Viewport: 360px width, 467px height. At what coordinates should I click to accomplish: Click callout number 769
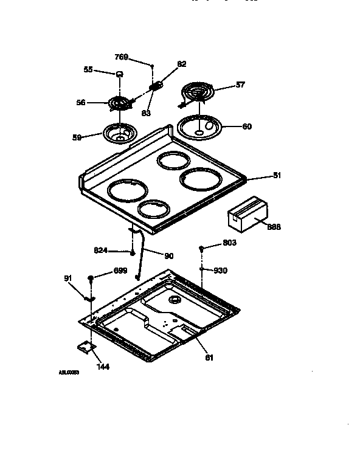tap(121, 57)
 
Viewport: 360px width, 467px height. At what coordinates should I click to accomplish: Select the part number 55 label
tap(88, 71)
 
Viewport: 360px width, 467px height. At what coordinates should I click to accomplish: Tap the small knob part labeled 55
tap(119, 73)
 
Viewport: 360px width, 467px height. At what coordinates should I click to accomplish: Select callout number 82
tap(182, 64)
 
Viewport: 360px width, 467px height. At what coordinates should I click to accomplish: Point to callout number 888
tap(274, 227)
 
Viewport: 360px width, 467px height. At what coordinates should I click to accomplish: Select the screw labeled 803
tap(201, 247)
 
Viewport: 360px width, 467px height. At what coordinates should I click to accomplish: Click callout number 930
tap(220, 270)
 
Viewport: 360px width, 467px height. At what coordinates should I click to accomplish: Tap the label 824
tap(101, 249)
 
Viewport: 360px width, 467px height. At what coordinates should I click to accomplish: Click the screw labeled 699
tap(91, 277)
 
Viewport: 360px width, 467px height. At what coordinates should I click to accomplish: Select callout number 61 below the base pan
tap(209, 358)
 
